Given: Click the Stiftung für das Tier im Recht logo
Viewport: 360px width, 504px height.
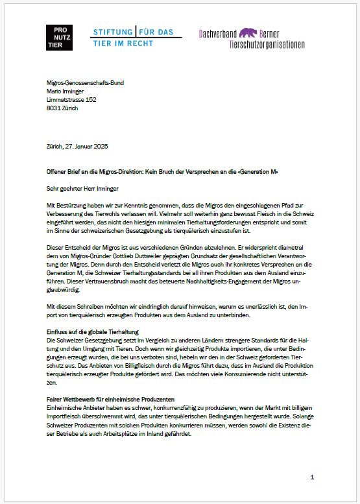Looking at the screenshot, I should [132, 37].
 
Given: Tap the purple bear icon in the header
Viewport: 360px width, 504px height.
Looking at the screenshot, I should [246, 32].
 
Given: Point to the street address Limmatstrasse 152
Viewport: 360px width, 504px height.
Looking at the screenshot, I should [72, 100].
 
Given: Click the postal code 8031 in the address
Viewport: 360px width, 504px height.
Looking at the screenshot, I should [55, 108].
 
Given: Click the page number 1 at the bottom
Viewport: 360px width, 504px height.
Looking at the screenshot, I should [312, 477].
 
